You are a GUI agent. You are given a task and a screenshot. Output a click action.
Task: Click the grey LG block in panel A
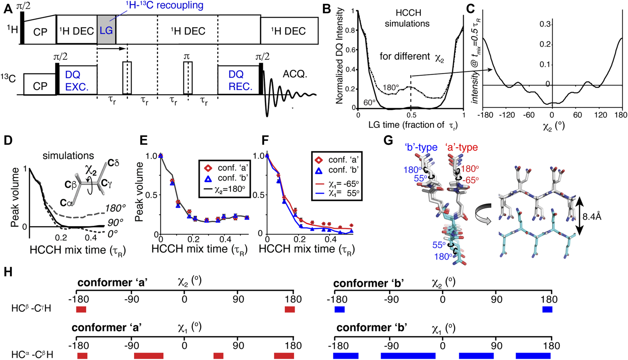(106, 30)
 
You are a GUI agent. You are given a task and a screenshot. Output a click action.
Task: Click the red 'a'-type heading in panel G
(461, 147)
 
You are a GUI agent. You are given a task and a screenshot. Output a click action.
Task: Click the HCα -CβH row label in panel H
(32, 354)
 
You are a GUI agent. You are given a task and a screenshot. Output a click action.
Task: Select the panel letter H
(8, 272)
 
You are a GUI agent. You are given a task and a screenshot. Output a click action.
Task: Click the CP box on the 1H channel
(40, 32)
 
